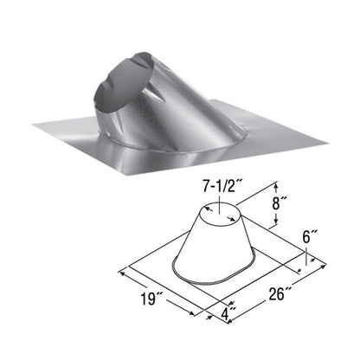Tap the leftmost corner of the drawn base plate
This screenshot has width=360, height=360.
pos(125,266)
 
